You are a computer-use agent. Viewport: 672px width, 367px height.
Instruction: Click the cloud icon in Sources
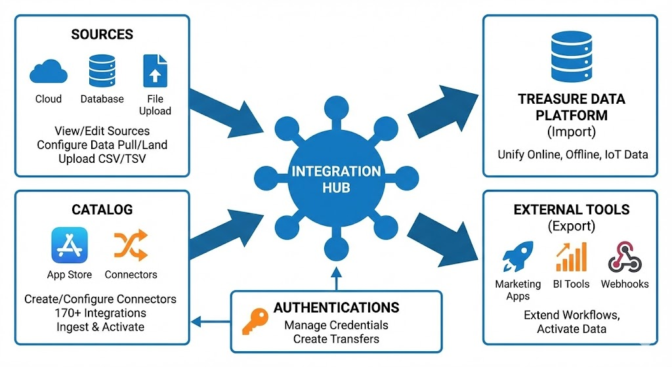49,71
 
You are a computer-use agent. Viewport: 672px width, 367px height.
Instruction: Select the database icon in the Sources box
102,71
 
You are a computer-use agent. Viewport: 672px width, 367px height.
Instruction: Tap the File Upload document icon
155,71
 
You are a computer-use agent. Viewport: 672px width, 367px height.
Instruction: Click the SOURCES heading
102,35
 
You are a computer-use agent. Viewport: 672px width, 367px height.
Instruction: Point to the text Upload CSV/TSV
102,158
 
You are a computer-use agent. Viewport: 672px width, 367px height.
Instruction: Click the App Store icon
69,245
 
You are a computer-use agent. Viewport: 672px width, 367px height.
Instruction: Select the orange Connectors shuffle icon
131,246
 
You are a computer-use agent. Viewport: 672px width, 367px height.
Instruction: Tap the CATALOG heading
102,209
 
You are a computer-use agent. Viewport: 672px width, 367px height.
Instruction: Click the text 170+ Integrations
101,313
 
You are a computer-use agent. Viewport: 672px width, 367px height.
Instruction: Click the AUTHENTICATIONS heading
336,307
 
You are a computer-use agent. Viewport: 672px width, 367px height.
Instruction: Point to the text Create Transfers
336,339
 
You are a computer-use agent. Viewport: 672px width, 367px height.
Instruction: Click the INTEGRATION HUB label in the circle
336,179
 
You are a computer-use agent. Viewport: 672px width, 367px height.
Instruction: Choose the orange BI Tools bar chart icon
570,257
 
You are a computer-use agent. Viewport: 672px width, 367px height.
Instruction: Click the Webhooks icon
624,257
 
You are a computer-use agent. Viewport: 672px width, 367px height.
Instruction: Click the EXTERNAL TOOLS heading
571,210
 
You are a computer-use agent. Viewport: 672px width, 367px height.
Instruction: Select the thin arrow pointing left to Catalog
210,320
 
